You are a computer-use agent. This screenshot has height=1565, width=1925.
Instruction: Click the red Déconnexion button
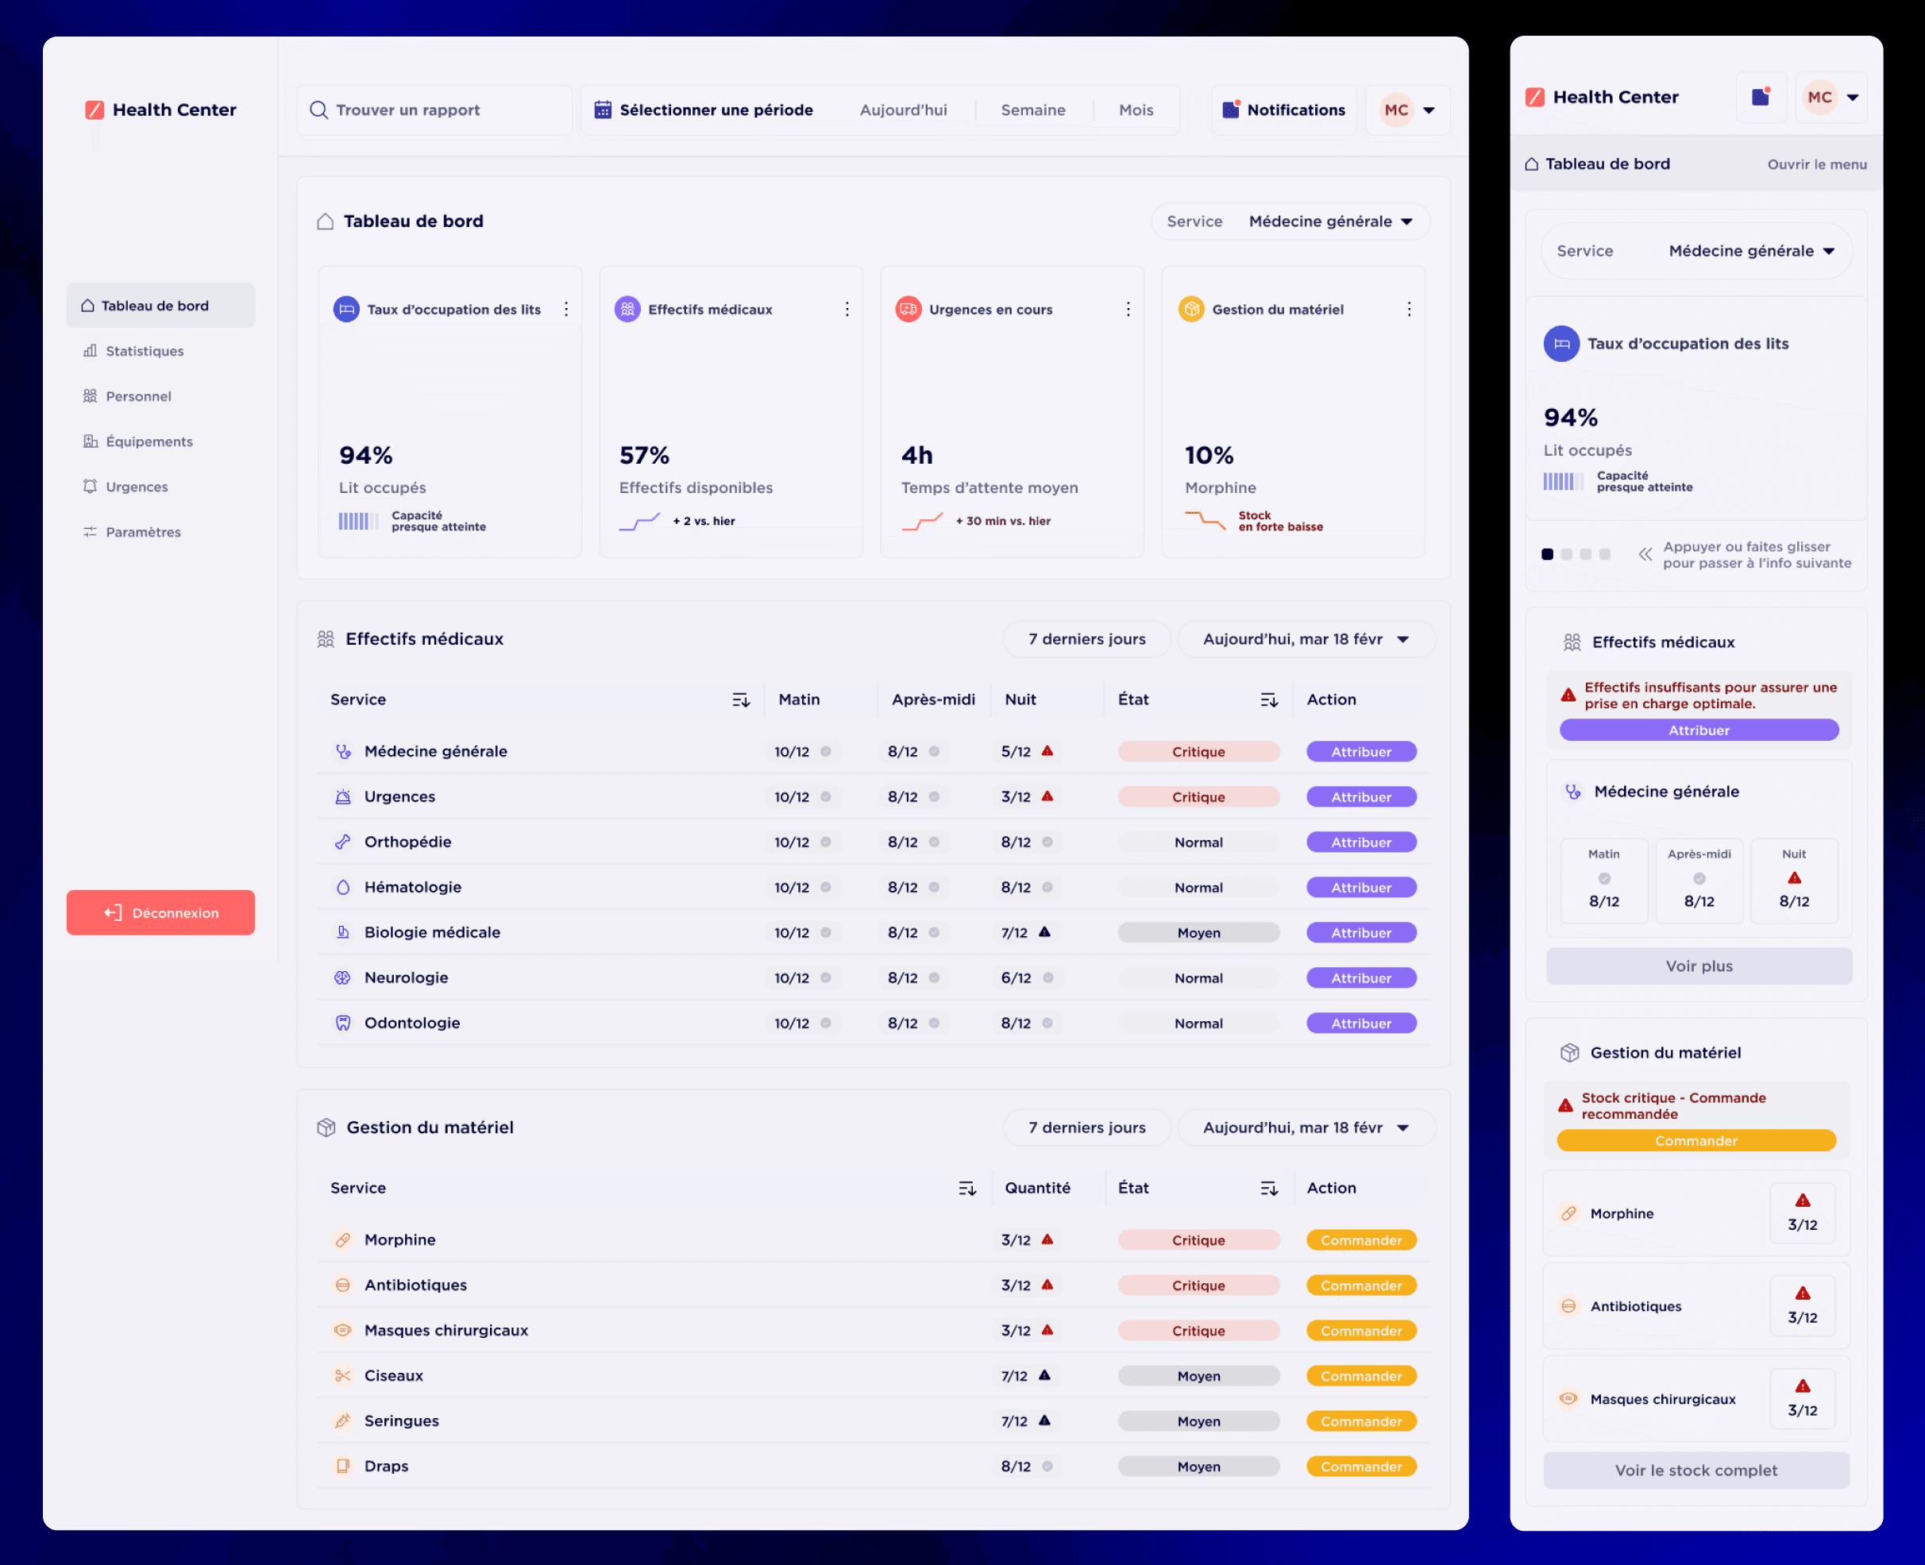(160, 912)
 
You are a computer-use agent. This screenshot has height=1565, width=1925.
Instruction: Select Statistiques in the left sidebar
(145, 351)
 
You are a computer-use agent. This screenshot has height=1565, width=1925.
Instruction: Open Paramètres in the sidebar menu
(142, 532)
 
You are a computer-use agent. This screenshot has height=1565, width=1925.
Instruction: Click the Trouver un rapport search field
(434, 110)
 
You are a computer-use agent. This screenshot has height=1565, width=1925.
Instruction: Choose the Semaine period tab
(1032, 110)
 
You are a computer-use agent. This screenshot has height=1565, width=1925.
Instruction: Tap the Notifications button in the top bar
(1284, 110)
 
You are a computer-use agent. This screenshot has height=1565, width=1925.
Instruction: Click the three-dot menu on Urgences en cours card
(1128, 309)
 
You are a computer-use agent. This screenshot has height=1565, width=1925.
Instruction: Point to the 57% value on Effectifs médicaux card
(645, 455)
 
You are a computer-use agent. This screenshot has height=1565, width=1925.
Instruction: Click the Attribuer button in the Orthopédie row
(1361, 842)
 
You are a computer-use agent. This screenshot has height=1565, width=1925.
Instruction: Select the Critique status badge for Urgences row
(1198, 797)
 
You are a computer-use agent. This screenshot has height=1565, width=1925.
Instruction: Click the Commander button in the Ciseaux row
(1361, 1376)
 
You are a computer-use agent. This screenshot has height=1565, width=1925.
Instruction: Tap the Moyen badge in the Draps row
(1198, 1467)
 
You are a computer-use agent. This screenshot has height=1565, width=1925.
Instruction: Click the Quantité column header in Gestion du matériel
(1038, 1188)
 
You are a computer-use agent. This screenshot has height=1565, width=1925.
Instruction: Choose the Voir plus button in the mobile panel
(1699, 966)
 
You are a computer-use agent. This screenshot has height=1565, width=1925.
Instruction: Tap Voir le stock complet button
(1696, 1471)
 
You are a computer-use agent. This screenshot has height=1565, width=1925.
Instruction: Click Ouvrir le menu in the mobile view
(1817, 164)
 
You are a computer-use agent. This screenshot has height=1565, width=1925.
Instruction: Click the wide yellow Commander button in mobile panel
(1696, 1140)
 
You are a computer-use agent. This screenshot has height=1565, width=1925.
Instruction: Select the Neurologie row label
(406, 977)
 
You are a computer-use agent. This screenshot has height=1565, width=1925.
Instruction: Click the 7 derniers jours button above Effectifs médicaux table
(1087, 639)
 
